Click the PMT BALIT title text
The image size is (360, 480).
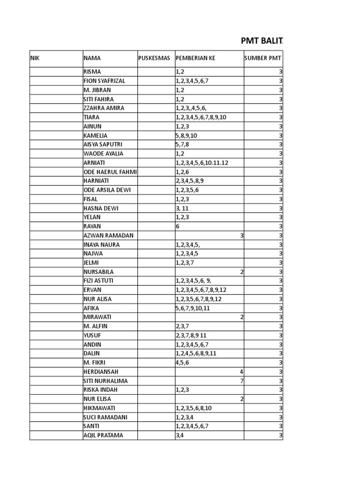(x=262, y=41)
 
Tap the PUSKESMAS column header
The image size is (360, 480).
(x=154, y=58)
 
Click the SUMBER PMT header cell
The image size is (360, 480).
(x=263, y=58)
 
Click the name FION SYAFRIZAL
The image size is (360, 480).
(x=104, y=81)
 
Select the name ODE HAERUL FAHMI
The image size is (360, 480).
(x=110, y=172)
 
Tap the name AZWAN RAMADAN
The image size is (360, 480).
(x=108, y=236)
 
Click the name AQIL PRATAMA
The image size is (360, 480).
(x=103, y=435)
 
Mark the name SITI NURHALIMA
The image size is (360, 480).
(x=105, y=381)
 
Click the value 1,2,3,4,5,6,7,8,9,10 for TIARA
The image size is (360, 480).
(x=201, y=117)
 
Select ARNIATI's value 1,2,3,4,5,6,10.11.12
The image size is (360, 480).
(x=202, y=163)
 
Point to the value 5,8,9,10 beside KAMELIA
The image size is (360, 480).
(x=186, y=135)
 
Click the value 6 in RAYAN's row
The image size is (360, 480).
(x=178, y=226)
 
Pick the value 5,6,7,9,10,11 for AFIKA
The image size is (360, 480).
(x=193, y=308)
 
